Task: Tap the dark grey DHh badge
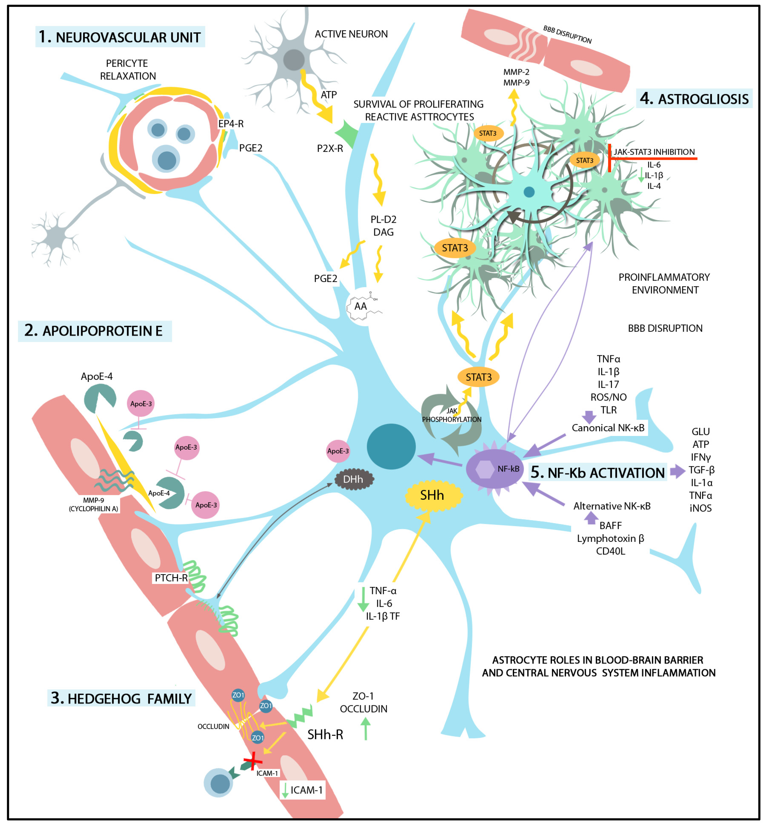(354, 479)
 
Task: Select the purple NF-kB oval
(495, 469)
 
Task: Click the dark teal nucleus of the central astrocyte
(391, 446)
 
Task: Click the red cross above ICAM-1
(252, 762)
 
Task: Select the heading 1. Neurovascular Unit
(120, 37)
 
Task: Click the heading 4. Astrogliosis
(694, 99)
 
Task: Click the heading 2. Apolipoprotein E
(95, 331)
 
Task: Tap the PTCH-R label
(171, 578)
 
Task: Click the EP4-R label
(231, 124)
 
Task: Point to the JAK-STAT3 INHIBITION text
(654, 152)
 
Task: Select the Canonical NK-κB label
(608, 428)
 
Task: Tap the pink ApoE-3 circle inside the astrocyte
(338, 451)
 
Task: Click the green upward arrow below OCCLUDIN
(365, 730)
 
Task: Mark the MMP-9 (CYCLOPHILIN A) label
(93, 504)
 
